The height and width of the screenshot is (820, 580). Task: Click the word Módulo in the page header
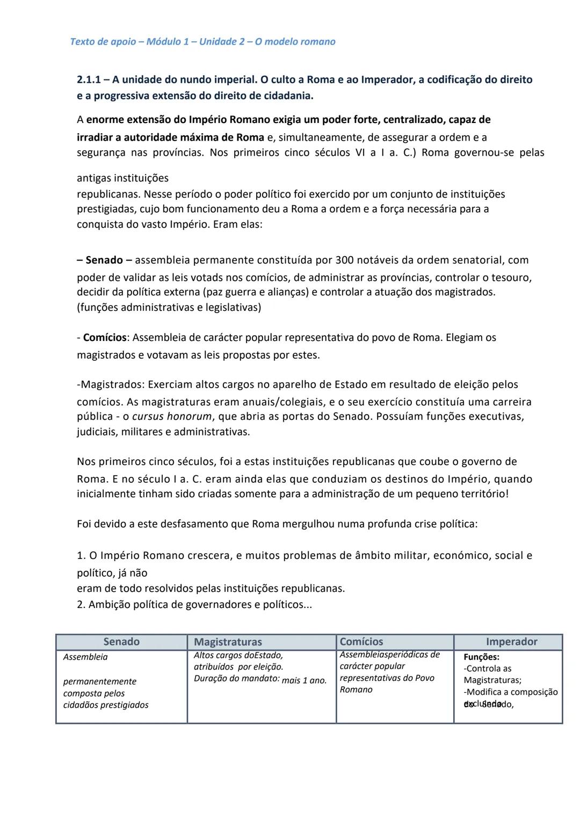tap(163, 42)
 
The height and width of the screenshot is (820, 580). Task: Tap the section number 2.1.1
tap(89, 80)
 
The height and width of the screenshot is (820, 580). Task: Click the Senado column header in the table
tap(121, 642)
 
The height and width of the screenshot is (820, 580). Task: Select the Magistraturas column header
tap(228, 642)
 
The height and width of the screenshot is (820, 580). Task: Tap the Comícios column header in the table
tap(361, 642)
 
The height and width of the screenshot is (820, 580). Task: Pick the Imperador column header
tap(511, 642)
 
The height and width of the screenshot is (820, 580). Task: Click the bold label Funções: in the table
tap(481, 657)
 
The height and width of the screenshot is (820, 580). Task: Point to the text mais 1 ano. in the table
tap(304, 680)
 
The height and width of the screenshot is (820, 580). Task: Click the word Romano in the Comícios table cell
tap(356, 690)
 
